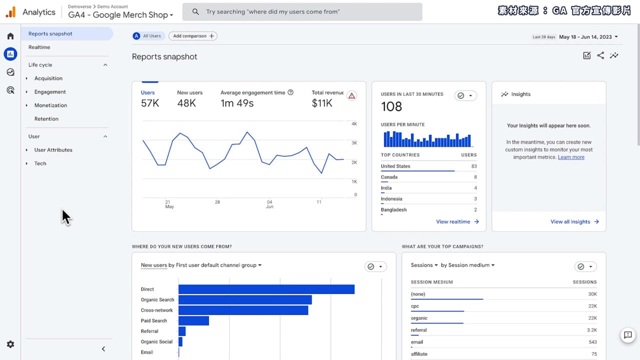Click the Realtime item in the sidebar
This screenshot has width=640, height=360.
pos(39,47)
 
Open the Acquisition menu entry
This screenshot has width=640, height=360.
pos(48,78)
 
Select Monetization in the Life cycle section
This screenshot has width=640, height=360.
pos(50,105)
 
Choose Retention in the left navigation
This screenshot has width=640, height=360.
pos(46,119)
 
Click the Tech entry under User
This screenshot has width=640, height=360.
pos(40,163)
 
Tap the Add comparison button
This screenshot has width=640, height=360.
pos(193,36)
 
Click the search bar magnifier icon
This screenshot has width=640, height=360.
pos(195,11)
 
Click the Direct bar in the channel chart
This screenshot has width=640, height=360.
pos(266,289)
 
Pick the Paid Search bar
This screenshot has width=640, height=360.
pos(193,321)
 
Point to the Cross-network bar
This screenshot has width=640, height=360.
pos(243,310)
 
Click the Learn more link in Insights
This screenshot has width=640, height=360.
pos(571,157)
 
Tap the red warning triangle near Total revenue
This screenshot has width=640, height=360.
pos(352,95)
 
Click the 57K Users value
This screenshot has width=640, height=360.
pos(150,103)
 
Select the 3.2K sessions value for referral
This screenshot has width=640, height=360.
pos(591,330)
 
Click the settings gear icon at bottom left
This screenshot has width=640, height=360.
pos(10,344)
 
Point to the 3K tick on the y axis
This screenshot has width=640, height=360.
pos(354,143)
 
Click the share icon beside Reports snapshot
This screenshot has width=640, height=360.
pos(600,56)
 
